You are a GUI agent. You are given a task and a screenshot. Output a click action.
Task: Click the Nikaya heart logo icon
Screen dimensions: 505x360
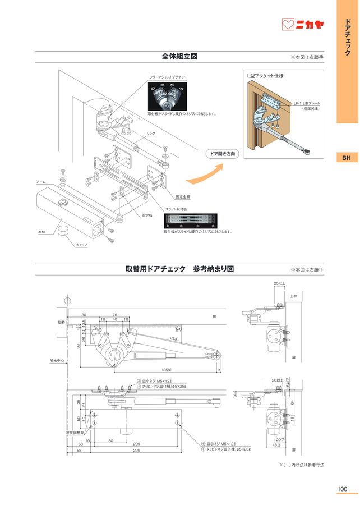288,25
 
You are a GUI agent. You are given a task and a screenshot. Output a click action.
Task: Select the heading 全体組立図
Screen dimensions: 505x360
179,57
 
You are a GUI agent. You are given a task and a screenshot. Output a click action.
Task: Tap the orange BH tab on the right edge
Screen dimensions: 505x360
347,158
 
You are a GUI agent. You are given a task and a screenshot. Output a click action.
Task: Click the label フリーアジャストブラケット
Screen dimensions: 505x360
167,77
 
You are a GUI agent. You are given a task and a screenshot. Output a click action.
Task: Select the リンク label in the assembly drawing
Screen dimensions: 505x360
150,133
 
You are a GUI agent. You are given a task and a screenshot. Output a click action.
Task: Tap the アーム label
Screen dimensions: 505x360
41,182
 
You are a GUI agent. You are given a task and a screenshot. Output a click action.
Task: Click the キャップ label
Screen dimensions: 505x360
82,245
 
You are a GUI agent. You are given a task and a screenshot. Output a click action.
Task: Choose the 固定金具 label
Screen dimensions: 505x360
183,197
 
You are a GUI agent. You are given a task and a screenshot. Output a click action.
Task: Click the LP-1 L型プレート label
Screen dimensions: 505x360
306,103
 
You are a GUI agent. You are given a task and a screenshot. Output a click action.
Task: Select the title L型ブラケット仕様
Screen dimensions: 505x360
265,75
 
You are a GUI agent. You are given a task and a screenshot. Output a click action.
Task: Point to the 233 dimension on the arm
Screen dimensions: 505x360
173,339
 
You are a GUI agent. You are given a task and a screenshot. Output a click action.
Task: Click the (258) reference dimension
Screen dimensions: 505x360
167,370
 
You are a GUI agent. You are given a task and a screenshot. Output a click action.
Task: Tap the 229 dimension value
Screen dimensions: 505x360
137,450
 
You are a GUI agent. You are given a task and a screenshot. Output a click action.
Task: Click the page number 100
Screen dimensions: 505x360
343,489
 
